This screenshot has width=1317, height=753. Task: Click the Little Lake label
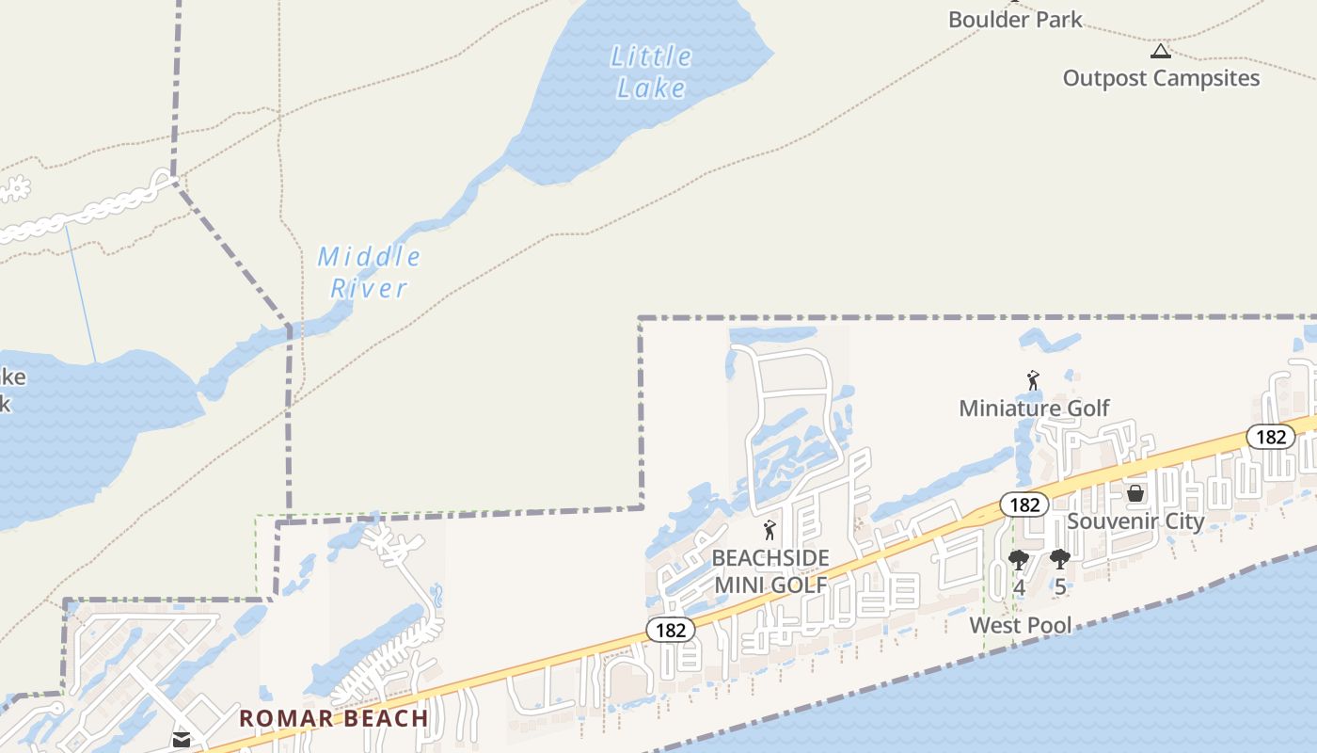652,72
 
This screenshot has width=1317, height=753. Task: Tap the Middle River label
369,271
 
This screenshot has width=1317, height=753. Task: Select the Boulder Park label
1015,19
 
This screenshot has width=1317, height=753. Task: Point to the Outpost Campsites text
1161,78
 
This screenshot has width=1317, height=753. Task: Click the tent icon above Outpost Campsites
1161,51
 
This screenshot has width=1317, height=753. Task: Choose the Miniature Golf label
1034,408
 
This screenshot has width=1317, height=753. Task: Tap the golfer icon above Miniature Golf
1033,381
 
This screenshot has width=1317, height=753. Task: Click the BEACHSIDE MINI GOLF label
770,571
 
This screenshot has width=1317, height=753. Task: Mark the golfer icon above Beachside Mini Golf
770,531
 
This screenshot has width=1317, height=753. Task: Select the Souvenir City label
1135,521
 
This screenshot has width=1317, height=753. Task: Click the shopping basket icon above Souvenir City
1135,493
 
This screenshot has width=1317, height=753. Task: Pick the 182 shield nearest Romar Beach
671,630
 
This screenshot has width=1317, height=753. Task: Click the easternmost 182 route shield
1271,437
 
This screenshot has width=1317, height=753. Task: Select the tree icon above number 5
1060,560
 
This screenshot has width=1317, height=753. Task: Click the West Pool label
1021,625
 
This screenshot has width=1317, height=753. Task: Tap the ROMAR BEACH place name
333,718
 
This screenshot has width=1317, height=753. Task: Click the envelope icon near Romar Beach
182,740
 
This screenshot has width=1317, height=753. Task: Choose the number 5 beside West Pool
1060,586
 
